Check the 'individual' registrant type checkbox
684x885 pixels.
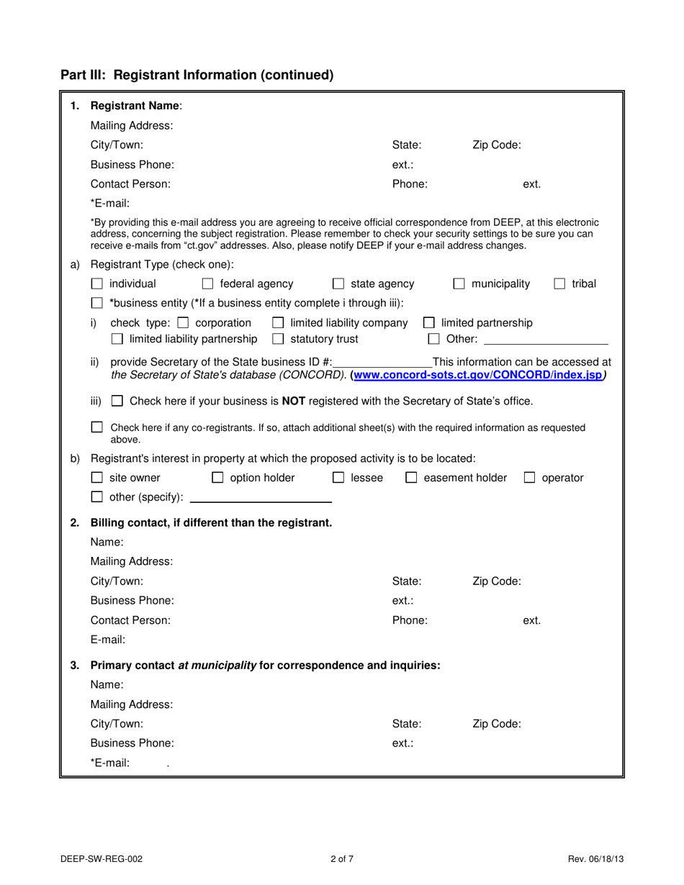pyautogui.click(x=97, y=284)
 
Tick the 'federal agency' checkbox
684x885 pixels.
pyautogui.click(x=208, y=284)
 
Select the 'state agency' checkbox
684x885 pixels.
pyautogui.click(x=338, y=284)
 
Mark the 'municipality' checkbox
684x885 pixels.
pyautogui.click(x=459, y=284)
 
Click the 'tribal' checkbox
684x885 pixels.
pyautogui.click(x=559, y=284)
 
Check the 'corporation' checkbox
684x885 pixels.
pyautogui.click(x=183, y=323)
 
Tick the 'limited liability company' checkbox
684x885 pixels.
pyautogui.click(x=278, y=323)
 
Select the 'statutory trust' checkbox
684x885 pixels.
pyautogui.click(x=278, y=339)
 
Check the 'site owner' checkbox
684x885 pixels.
pyautogui.click(x=97, y=478)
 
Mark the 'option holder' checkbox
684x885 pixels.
pyautogui.click(x=217, y=478)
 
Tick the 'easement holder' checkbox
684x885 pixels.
pyautogui.click(x=411, y=478)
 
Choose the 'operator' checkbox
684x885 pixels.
pyautogui.click(x=530, y=478)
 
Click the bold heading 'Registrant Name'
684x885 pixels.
pyautogui.click(x=135, y=106)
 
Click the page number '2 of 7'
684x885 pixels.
pyautogui.click(x=342, y=858)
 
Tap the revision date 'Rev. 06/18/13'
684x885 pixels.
pyautogui.click(x=595, y=858)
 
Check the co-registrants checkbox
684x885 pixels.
pyautogui.click(x=97, y=427)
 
